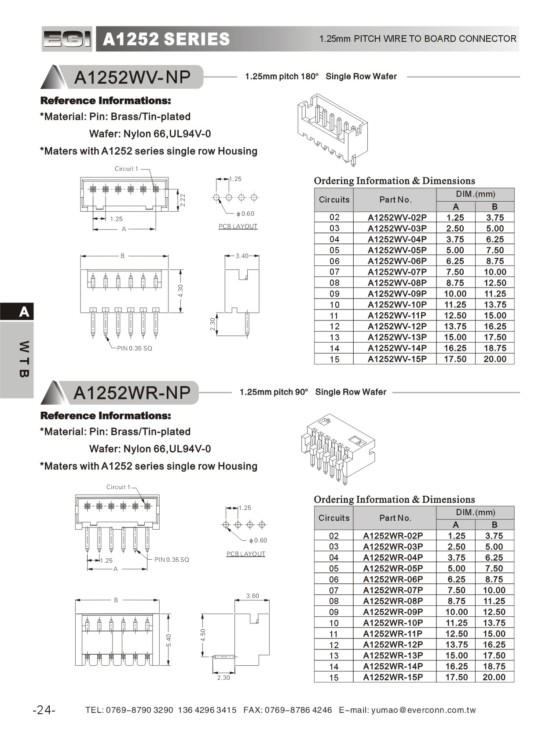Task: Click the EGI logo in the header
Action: point(67,39)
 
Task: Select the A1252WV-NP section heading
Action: point(132,77)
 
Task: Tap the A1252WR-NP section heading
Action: point(132,393)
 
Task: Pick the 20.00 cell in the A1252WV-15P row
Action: point(494,359)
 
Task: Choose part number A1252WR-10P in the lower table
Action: point(392,623)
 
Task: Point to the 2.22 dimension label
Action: point(183,200)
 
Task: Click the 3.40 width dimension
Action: point(242,256)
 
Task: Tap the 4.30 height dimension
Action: point(180,291)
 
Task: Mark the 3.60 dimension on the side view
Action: point(253,596)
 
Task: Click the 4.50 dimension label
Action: point(203,635)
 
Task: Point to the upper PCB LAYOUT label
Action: point(238,226)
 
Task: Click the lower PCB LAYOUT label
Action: point(245,554)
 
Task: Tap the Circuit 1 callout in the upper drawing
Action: point(126,169)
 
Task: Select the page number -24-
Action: point(44,710)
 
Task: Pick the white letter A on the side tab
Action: point(24,312)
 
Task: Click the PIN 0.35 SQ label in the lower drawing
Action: point(172,560)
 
